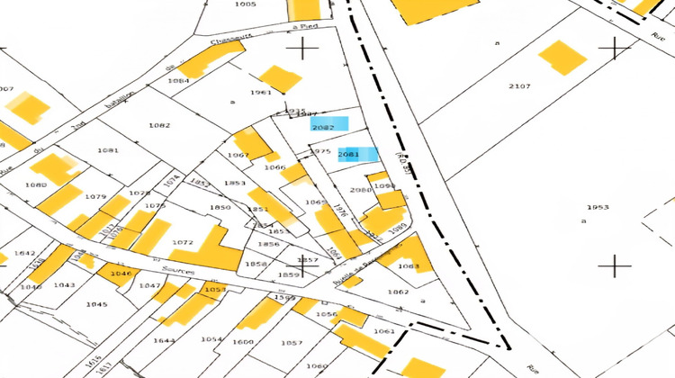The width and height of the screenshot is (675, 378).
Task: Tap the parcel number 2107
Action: tap(519, 86)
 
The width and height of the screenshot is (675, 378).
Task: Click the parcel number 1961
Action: tap(261, 93)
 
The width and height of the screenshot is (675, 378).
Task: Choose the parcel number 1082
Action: tap(160, 125)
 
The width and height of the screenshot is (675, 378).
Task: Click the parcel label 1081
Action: tap(108, 149)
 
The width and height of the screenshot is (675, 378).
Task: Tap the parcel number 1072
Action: tap(182, 243)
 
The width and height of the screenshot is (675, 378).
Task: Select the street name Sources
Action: tap(177, 268)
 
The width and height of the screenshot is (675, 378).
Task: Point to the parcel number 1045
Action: tap(96, 304)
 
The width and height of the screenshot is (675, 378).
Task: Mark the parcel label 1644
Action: tap(164, 340)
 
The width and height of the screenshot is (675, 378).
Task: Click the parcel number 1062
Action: tap(399, 292)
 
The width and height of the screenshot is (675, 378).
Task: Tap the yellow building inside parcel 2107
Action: tap(562, 58)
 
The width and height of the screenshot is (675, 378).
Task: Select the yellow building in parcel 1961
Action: tap(282, 78)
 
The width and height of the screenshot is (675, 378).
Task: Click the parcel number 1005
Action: tap(245, 4)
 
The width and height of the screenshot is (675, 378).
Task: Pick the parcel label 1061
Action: tap(384, 331)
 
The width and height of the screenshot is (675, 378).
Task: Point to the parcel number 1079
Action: tap(95, 196)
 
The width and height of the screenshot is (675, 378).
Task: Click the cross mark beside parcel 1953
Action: tap(616, 265)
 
